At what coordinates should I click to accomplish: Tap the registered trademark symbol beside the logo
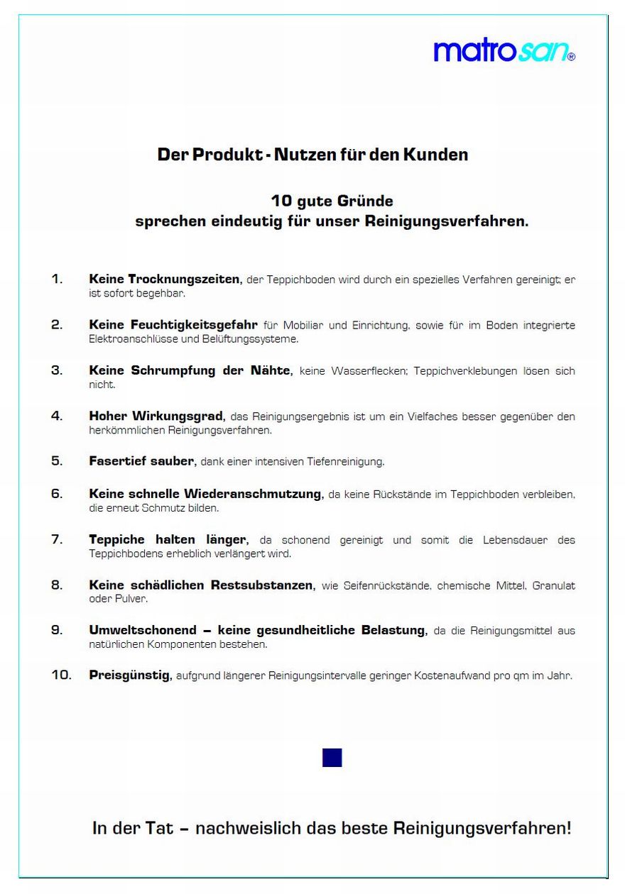(x=571, y=56)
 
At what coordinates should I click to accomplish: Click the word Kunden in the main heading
(x=435, y=155)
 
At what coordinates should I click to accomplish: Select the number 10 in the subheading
(x=281, y=201)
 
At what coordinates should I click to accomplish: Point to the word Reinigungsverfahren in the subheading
(x=446, y=221)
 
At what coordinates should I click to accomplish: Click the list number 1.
(x=57, y=279)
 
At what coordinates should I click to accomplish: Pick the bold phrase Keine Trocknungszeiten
(x=165, y=279)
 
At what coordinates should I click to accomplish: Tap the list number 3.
(x=57, y=370)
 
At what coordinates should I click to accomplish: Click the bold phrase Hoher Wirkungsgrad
(x=156, y=416)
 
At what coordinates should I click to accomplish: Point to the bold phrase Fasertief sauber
(x=141, y=461)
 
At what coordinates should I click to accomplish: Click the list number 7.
(x=57, y=539)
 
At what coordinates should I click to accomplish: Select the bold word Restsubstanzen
(x=261, y=585)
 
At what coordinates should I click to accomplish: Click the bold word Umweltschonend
(x=143, y=630)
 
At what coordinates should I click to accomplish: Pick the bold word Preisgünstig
(x=129, y=675)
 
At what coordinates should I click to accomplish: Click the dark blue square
(x=332, y=757)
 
